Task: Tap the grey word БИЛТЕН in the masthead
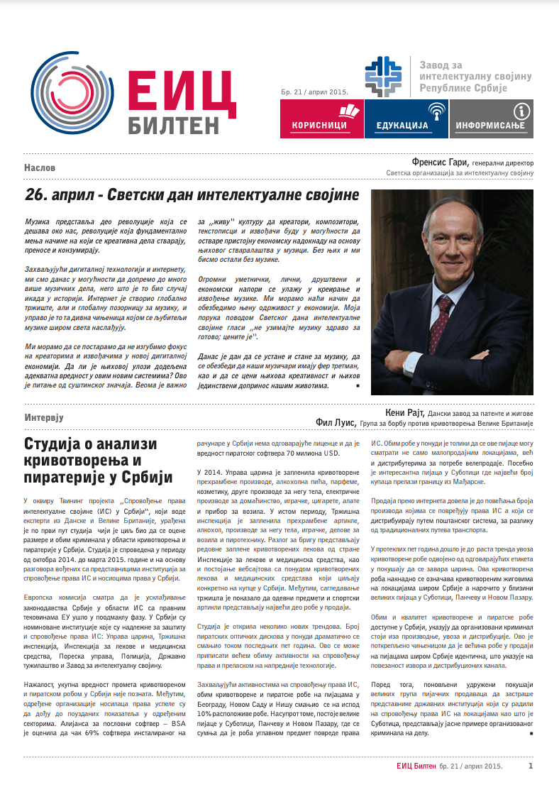(x=174, y=125)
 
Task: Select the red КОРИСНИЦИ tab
(x=320, y=118)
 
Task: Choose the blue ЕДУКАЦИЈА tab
(x=405, y=118)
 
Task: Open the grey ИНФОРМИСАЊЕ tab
(x=490, y=118)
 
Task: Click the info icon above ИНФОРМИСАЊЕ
(x=522, y=110)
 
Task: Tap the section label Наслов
(x=40, y=168)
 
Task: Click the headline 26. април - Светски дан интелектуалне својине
(x=192, y=195)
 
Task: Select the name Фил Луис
(x=338, y=424)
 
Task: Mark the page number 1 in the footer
(x=531, y=766)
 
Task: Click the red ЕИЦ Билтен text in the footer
(x=416, y=766)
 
